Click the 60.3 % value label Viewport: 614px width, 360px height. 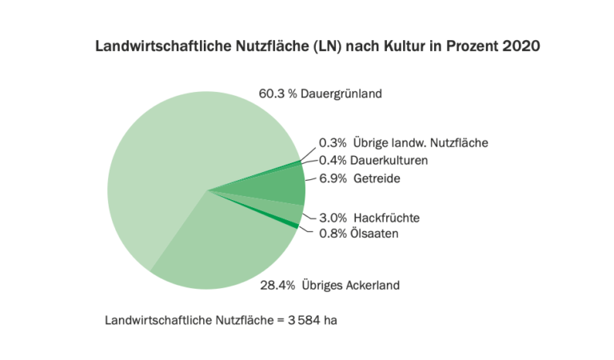273,94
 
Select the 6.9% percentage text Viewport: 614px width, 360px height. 333,178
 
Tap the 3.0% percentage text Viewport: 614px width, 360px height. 333,218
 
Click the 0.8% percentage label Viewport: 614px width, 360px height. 333,233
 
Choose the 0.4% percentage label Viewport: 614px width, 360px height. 333,161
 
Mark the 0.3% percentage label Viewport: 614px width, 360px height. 333,143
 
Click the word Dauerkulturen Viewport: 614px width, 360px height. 389,161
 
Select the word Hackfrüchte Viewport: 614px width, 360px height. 386,218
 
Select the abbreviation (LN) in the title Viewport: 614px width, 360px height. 335,46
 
